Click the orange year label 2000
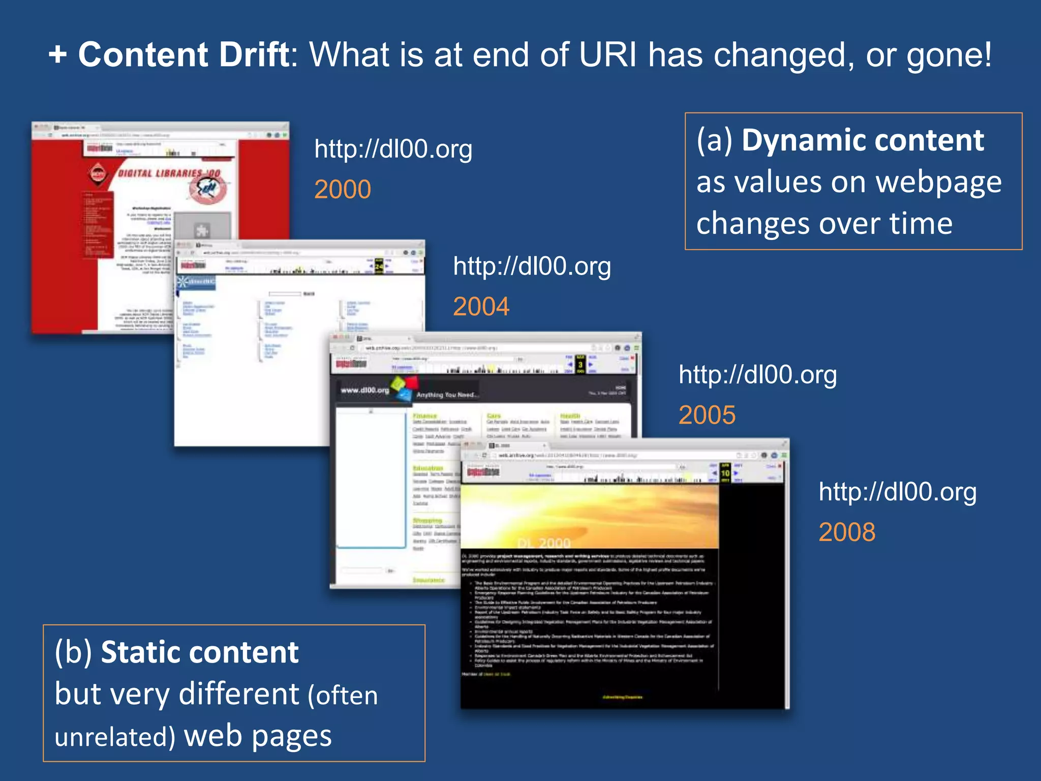click(343, 190)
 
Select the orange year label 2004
click(481, 307)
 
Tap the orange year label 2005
click(707, 415)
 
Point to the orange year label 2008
click(847, 532)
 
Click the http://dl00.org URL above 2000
click(393, 149)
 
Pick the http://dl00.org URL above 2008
click(897, 492)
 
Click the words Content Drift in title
click(183, 54)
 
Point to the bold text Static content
click(200, 652)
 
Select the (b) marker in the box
click(73, 652)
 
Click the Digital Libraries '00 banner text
click(169, 173)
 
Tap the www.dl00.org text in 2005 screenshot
click(364, 390)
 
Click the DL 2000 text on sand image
click(544, 543)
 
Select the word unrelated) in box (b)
click(115, 737)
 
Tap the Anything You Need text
click(446, 395)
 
